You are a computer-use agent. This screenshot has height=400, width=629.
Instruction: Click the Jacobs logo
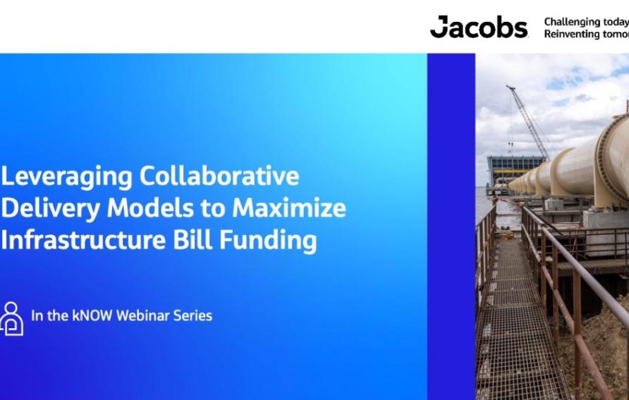479,27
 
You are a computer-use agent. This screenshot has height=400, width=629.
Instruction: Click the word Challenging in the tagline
572,22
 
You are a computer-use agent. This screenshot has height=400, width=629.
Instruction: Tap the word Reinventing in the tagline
572,34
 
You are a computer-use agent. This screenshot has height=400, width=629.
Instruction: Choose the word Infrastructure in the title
83,240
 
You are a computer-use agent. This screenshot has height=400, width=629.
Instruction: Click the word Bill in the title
193,240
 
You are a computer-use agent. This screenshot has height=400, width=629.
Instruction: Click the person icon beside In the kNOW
11,318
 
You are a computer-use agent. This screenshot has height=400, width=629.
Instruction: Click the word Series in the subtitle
192,315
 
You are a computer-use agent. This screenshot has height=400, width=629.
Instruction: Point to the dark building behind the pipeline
515,169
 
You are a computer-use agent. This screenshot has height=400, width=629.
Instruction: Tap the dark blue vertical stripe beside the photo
451,225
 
